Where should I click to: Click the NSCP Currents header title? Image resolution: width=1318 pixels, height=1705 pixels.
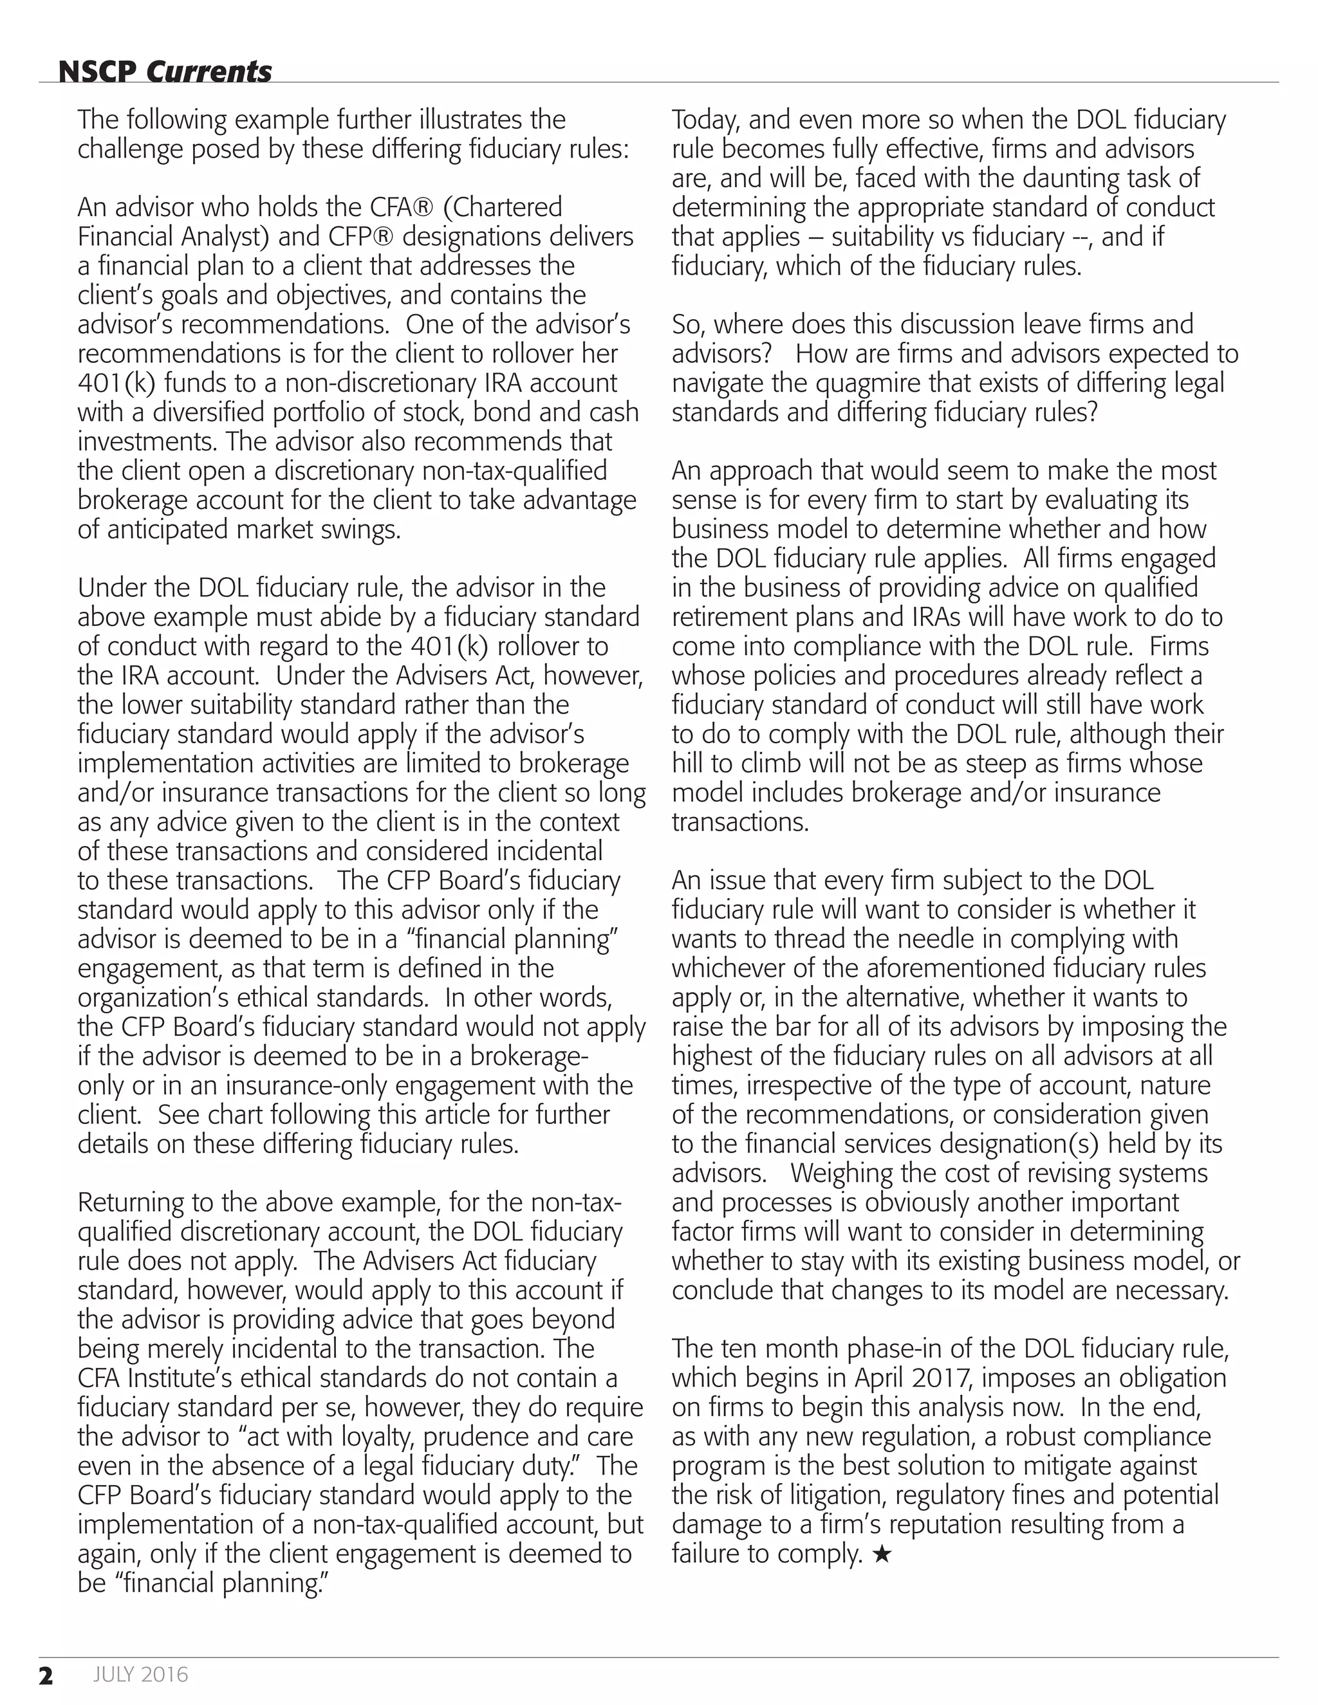(x=165, y=72)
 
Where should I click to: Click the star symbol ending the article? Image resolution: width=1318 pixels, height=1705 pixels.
(x=882, y=1554)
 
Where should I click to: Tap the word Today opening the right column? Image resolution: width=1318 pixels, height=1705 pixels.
(x=706, y=120)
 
